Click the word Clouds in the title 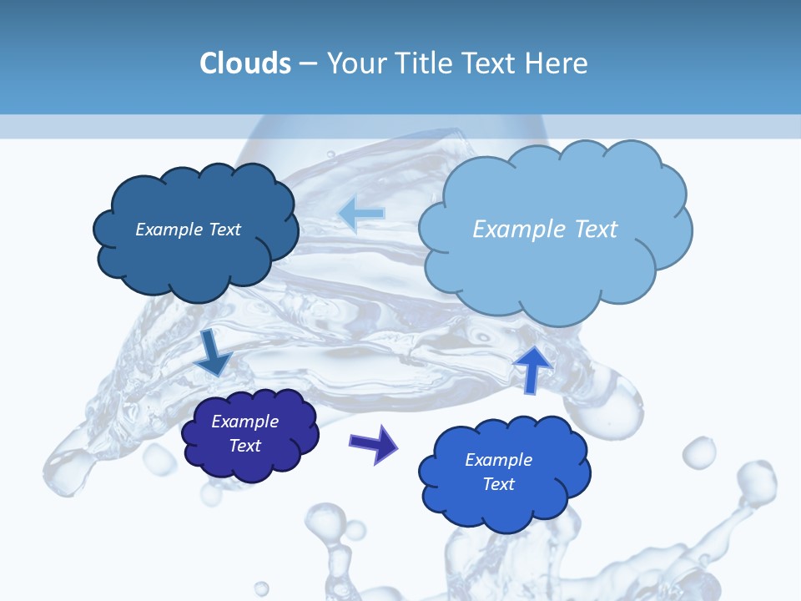click(245, 63)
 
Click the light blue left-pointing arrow click(361, 214)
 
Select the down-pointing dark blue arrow click(214, 354)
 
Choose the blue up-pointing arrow click(532, 367)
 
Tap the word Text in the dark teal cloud click(224, 230)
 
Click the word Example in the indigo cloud click(244, 422)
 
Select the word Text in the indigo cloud click(244, 446)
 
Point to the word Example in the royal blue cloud click(498, 460)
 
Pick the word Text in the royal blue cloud click(498, 484)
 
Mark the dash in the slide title click(307, 64)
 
